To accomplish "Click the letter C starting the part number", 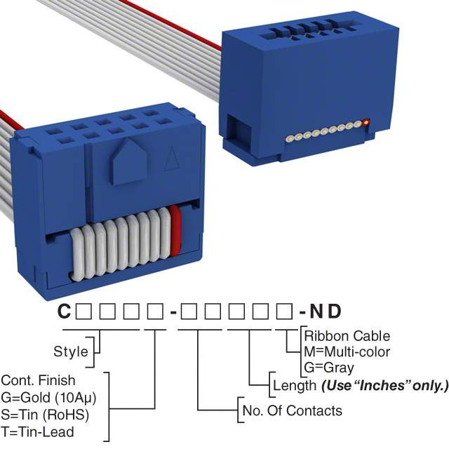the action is click(x=64, y=311).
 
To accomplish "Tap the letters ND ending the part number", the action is click(x=326, y=311).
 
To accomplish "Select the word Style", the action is click(x=71, y=351).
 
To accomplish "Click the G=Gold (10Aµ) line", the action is click(x=48, y=398).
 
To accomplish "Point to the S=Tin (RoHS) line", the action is click(x=45, y=415).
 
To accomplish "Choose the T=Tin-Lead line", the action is click(x=37, y=432).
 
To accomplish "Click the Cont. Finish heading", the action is click(x=38, y=380).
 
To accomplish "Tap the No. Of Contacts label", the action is click(x=292, y=410).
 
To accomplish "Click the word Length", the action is click(x=295, y=385).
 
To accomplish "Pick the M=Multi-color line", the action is click(x=347, y=351).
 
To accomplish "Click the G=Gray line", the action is click(x=329, y=368).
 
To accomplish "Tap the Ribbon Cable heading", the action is click(x=347, y=336).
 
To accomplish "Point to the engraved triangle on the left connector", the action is click(x=171, y=159).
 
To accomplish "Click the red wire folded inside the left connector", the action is click(x=175, y=231).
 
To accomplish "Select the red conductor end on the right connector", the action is click(x=366, y=123).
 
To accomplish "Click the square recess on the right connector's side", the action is click(x=239, y=131).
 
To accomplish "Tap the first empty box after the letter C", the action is click(x=83, y=311).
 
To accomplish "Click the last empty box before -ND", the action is click(x=285, y=311).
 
